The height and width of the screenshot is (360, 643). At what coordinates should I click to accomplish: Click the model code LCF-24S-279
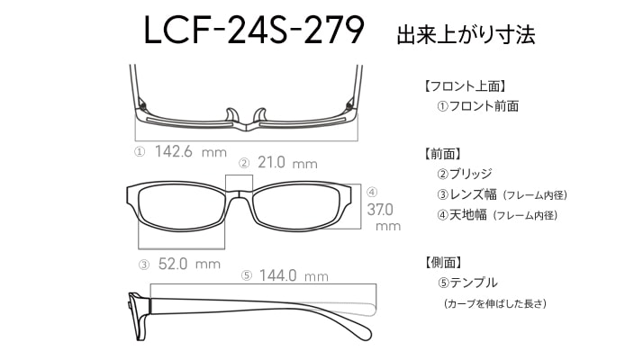[254, 30]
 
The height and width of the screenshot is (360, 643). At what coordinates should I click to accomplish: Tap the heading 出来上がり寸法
[466, 34]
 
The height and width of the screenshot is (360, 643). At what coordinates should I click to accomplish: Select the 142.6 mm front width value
[191, 152]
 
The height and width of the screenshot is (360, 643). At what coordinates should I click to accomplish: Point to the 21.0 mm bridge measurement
[287, 163]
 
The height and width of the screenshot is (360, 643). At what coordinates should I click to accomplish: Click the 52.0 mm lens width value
[189, 264]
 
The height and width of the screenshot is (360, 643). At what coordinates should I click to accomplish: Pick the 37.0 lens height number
[380, 210]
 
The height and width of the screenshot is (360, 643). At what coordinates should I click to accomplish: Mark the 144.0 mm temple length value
[294, 275]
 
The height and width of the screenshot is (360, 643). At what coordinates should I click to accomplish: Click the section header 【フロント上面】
[465, 86]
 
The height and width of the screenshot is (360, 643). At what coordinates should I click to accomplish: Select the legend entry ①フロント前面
[478, 106]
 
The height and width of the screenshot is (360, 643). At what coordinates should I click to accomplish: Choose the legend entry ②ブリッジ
[465, 174]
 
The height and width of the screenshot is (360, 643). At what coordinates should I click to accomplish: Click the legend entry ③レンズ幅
[467, 194]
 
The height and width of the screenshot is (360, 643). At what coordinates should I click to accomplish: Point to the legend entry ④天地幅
[462, 214]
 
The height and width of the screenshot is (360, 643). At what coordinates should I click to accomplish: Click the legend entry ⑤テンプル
[467, 283]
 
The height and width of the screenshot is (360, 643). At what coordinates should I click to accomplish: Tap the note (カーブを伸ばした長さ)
[495, 303]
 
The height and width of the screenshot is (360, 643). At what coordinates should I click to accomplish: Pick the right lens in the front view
[296, 206]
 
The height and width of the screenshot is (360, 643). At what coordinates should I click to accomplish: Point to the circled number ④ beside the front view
[372, 192]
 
